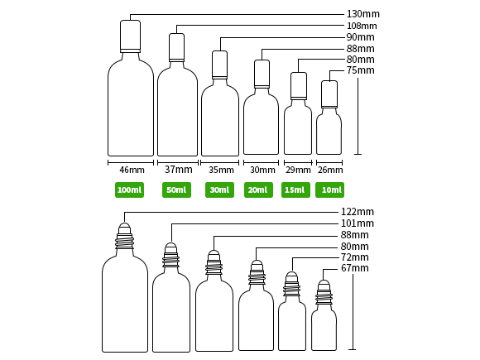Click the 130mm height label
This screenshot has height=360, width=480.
(x=363, y=14)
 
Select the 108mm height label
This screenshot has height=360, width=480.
(x=362, y=26)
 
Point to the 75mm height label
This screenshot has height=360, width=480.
(x=360, y=70)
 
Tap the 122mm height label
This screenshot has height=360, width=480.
(x=358, y=212)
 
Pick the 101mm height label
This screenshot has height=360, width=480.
(x=358, y=223)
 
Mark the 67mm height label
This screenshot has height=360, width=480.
(x=355, y=268)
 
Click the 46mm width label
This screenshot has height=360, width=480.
(x=132, y=170)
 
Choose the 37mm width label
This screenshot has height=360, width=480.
(x=179, y=170)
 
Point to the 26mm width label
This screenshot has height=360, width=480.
(x=330, y=170)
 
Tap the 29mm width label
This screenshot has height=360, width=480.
(x=298, y=170)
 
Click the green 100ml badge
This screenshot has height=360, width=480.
(x=129, y=190)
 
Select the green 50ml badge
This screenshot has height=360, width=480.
(x=176, y=190)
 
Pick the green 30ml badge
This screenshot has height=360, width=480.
(x=219, y=190)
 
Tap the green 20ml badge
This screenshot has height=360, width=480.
(x=258, y=190)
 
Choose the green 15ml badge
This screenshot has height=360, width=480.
(x=295, y=190)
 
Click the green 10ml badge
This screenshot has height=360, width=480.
(x=329, y=190)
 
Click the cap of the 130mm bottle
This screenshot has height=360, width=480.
(x=131, y=36)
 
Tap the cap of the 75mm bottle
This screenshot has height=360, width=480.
(x=329, y=94)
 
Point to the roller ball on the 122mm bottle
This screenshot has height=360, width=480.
(x=124, y=228)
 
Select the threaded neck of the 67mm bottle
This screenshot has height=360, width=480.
(x=324, y=295)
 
